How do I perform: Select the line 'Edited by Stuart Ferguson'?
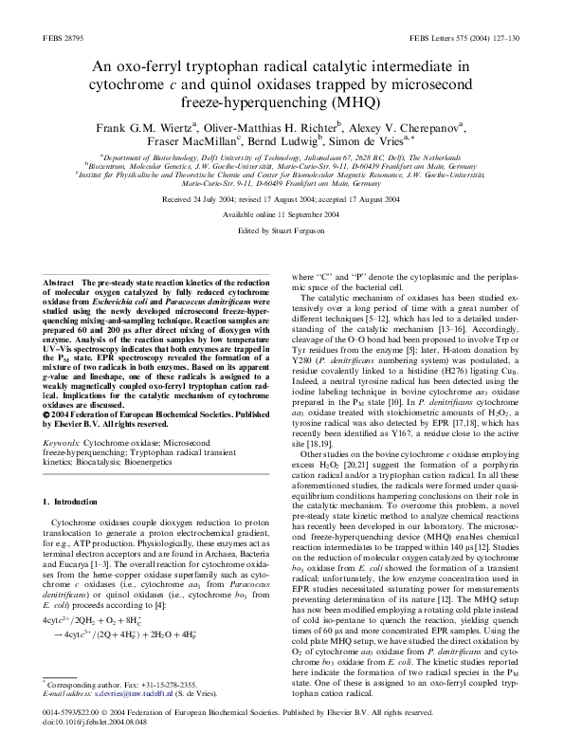tap(282, 230)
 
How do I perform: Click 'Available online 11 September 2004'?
tap(282, 215)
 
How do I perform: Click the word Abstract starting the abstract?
tap(61, 283)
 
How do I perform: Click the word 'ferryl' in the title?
tap(198, 65)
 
